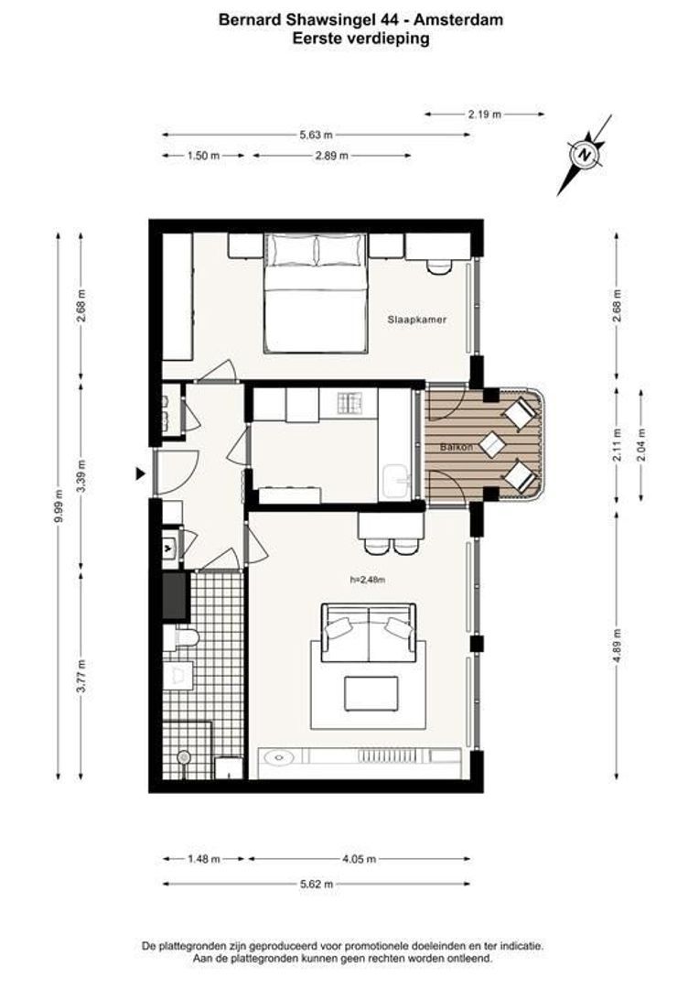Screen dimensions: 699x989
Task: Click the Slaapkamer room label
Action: [416, 320]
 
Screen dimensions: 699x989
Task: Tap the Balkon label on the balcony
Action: [456, 447]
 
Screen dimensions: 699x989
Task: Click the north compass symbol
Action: [585, 155]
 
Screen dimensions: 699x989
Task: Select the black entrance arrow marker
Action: [141, 473]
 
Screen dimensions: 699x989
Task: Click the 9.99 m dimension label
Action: [58, 506]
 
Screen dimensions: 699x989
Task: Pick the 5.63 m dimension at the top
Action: [317, 135]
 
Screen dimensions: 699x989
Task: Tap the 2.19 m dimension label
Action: [485, 114]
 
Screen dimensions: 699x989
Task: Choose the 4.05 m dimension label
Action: [360, 858]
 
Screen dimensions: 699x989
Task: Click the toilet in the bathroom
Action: [181, 638]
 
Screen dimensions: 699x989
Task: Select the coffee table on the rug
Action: [371, 694]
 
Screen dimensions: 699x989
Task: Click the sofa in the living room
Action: [369, 632]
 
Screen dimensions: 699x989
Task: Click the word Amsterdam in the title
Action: [461, 19]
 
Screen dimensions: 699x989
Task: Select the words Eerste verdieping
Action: [361, 38]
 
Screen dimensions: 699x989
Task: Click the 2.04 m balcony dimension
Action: [641, 445]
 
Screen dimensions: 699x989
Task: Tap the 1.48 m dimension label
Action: [204, 858]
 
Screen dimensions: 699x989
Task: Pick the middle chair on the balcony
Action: [493, 445]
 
